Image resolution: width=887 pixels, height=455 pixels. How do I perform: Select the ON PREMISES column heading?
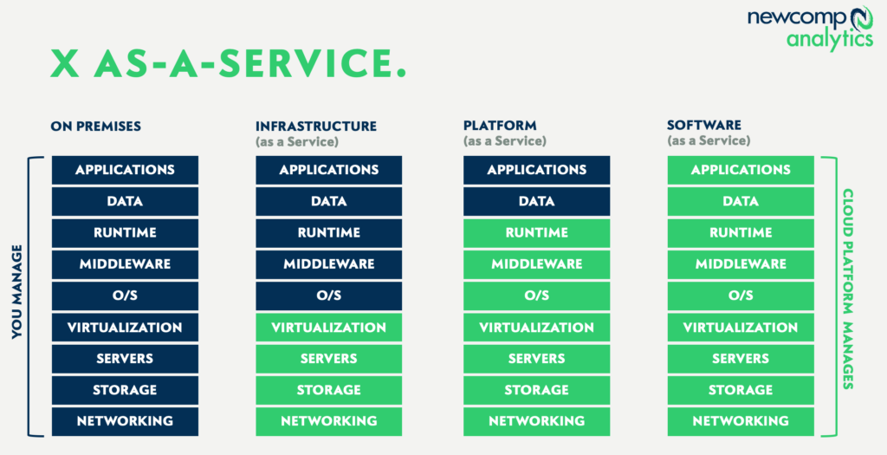click(95, 127)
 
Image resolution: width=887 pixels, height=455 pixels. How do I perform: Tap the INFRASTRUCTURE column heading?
click(315, 127)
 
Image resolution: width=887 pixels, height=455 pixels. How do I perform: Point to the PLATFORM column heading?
click(500, 127)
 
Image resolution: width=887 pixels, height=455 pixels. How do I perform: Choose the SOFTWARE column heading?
click(704, 127)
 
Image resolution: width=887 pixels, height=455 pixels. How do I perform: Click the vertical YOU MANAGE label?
click(17, 296)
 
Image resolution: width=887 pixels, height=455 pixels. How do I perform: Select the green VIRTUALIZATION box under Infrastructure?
click(328, 328)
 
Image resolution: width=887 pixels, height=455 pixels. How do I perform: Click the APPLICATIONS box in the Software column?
click(741, 170)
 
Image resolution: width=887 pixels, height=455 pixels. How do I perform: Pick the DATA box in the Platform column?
click(536, 201)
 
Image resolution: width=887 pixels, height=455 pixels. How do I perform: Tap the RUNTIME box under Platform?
click(536, 233)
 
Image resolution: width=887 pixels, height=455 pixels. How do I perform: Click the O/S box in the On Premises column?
click(125, 296)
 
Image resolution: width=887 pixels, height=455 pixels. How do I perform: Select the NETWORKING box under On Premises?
click(125, 421)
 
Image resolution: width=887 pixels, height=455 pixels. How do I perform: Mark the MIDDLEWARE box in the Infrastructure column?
click(328, 264)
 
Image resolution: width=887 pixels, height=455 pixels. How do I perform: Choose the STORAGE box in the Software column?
click(741, 390)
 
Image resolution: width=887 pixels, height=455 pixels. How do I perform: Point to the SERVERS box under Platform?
click(536, 359)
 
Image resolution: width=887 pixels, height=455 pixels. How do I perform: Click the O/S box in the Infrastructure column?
click(328, 296)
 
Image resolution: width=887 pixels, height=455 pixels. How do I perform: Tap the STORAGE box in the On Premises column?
click(125, 390)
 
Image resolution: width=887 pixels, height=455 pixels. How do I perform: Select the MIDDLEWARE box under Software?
click(741, 264)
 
